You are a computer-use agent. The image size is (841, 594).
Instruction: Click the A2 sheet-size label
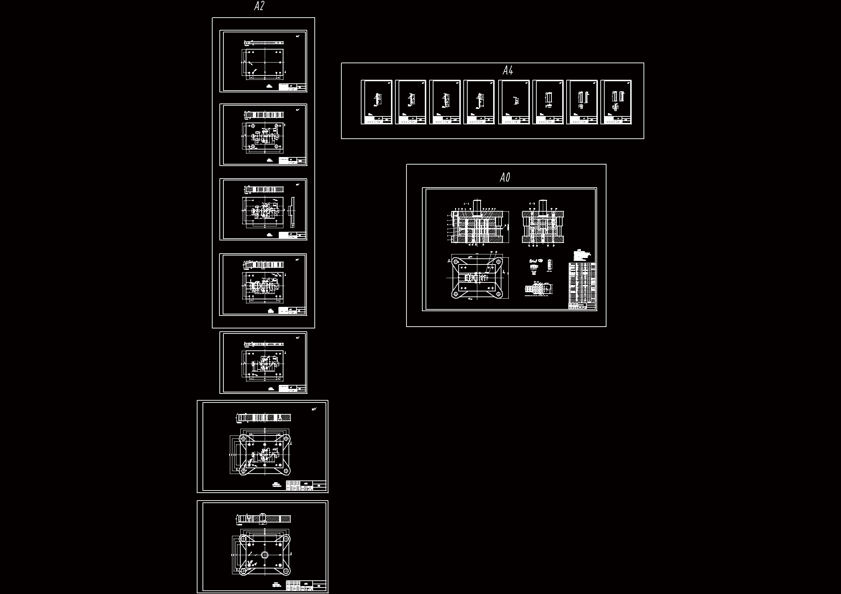(259, 6)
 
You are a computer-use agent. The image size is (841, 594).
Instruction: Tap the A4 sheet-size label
(508, 71)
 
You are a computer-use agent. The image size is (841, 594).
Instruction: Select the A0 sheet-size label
(505, 178)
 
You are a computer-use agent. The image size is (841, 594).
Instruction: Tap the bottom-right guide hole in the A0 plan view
(499, 294)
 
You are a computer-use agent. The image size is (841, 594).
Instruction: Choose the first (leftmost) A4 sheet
(377, 102)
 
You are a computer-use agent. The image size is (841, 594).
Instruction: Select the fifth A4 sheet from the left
(514, 102)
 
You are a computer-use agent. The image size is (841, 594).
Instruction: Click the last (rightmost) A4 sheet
(616, 102)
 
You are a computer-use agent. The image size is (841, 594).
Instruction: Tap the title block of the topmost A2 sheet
(292, 87)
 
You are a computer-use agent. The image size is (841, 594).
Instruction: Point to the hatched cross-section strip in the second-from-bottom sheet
(264, 417)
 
